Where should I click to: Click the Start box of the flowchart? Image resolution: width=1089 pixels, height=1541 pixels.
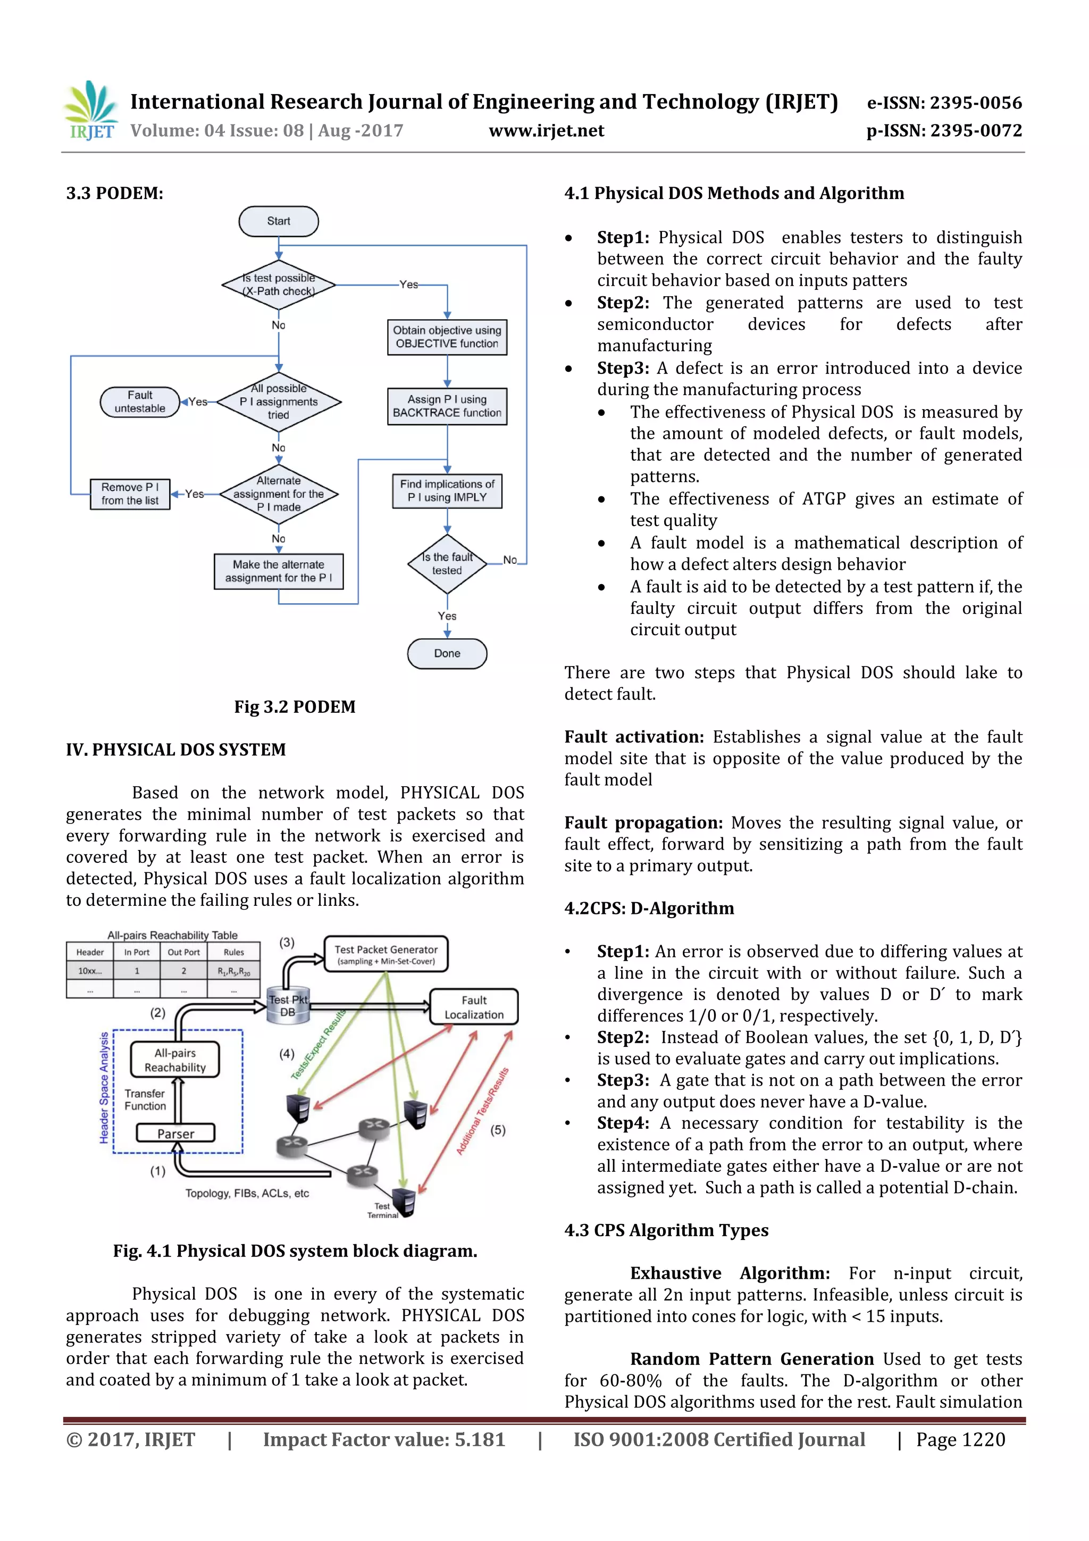click(279, 221)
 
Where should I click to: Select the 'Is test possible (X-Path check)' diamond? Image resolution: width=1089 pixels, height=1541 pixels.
click(279, 285)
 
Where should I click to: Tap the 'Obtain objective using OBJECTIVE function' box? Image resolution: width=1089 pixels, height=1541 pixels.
click(447, 337)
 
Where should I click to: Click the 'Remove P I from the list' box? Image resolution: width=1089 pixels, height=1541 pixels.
click(130, 494)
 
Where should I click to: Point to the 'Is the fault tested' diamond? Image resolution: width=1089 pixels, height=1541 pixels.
click(447, 564)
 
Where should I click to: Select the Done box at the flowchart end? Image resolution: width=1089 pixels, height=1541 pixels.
click(447, 654)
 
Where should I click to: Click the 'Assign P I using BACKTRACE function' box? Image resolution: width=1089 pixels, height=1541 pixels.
click(447, 406)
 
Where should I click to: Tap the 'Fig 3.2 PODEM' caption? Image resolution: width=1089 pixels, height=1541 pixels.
click(295, 707)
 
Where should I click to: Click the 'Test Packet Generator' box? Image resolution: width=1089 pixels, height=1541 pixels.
click(386, 954)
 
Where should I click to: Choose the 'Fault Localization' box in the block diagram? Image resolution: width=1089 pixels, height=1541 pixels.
click(474, 1007)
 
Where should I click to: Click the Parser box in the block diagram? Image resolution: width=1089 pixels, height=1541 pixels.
click(176, 1134)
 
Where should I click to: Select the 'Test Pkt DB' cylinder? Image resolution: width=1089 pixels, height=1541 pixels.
click(288, 1005)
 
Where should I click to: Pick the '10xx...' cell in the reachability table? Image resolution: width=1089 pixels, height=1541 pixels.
click(90, 971)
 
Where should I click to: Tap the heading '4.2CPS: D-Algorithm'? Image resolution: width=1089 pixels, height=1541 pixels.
click(649, 908)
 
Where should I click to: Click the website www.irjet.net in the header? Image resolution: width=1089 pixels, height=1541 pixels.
click(546, 131)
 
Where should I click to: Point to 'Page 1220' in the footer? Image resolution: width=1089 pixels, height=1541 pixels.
click(960, 1439)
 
